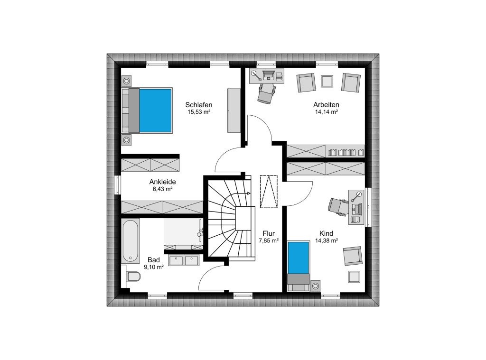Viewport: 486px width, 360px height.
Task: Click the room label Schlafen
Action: coord(199,105)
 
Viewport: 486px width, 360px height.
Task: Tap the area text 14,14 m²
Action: coord(327,112)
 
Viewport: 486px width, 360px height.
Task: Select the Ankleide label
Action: coord(162,182)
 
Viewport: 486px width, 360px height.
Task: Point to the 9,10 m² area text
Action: coord(154,267)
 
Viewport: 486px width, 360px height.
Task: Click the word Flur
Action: coord(269,233)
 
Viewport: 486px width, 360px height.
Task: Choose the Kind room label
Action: coord(327,233)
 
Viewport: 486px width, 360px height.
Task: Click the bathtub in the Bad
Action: coord(130,240)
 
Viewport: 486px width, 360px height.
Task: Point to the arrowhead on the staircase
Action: coord(248,194)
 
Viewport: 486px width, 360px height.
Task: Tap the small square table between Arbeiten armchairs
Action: coord(327,82)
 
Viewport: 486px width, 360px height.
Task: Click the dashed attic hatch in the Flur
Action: coord(269,192)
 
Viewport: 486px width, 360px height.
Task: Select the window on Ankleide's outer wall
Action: coord(118,185)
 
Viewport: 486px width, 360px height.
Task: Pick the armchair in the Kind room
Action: coord(353,256)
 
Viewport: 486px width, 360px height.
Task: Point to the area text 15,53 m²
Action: coord(199,112)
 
